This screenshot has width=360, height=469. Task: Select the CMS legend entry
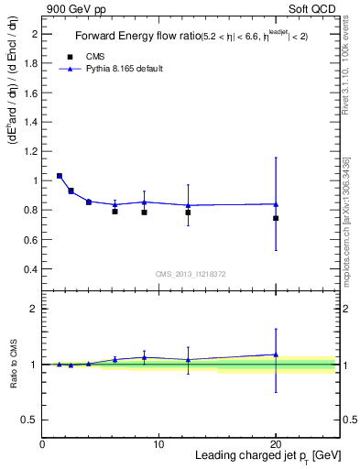tap(97, 56)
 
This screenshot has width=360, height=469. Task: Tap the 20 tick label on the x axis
tap(276, 444)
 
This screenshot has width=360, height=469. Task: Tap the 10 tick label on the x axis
tap(159, 444)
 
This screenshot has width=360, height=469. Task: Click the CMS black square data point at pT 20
tap(276, 218)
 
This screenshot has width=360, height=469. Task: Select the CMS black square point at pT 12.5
tap(188, 213)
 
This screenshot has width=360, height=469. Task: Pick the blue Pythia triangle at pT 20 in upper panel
tap(276, 204)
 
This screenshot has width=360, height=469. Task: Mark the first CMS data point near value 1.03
tap(60, 176)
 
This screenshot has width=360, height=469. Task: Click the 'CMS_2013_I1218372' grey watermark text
tap(191, 273)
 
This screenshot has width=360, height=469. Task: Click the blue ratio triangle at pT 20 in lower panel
tap(276, 354)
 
